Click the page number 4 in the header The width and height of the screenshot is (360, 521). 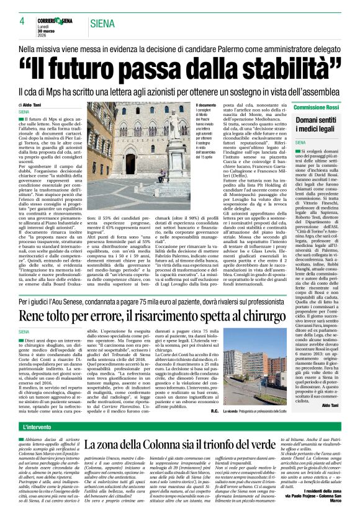coord(22,20)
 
